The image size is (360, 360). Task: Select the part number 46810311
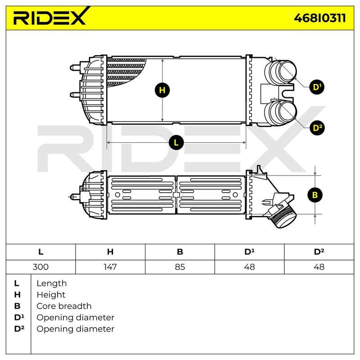pos(320,18)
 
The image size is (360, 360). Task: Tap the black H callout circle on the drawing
pos(162,90)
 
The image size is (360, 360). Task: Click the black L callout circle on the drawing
pos(176,143)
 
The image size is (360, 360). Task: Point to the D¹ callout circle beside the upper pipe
pos(317,87)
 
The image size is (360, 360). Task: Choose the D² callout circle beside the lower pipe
pos(317,128)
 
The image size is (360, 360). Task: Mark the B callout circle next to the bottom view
pos(315,195)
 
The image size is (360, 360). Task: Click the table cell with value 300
pos(40,267)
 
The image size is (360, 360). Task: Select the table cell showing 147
pos(110,267)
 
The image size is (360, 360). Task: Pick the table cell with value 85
pos(180,267)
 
